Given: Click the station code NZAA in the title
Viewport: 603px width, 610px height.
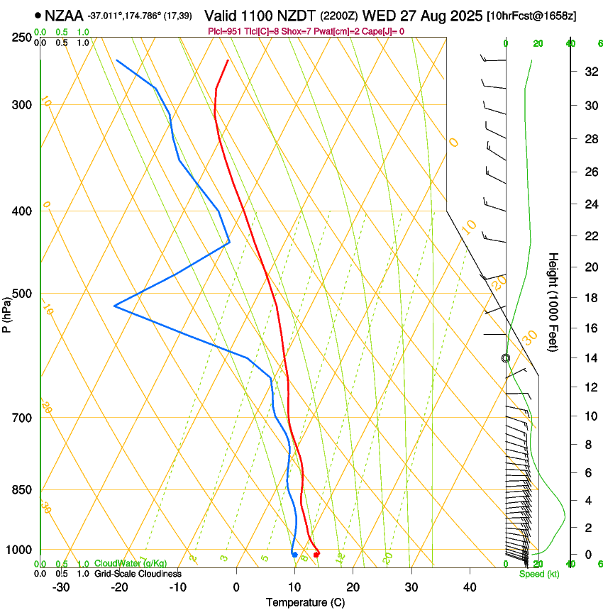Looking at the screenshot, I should (x=63, y=15).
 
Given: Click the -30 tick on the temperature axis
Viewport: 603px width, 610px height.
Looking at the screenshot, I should (x=61, y=587).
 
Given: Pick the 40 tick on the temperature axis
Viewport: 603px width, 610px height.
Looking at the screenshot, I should (x=469, y=587).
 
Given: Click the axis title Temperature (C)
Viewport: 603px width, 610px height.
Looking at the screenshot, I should (x=305, y=602).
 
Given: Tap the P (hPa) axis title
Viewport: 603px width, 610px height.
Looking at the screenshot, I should (x=7, y=314).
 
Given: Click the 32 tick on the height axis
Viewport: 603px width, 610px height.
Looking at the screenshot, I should (x=590, y=72).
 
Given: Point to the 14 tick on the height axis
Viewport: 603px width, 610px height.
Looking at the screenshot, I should (x=590, y=357).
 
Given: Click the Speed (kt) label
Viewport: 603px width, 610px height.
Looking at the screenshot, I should (x=538, y=574).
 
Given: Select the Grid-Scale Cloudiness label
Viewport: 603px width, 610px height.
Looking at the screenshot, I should (x=138, y=573).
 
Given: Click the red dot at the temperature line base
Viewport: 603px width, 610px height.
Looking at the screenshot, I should (x=316, y=554).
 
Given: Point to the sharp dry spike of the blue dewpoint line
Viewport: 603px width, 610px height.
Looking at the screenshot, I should (x=115, y=306).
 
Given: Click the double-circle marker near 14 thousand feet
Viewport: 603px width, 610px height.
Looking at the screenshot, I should (x=506, y=358).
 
